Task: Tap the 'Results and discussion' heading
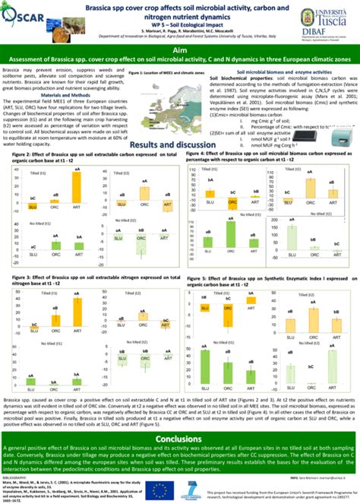coord(180,144)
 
